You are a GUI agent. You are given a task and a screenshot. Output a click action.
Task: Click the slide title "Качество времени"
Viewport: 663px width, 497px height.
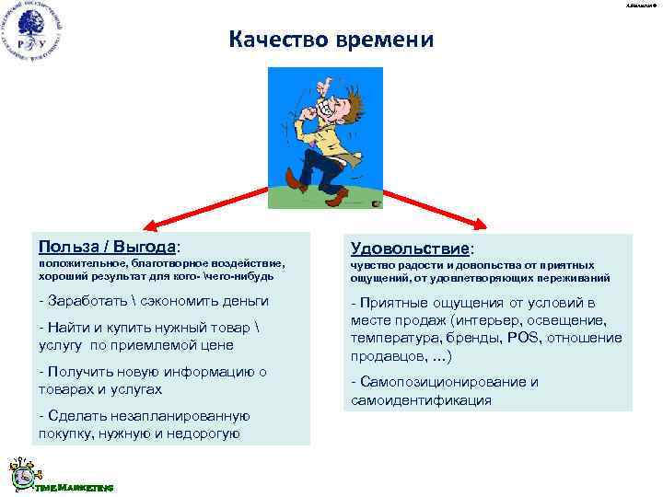[x=331, y=40]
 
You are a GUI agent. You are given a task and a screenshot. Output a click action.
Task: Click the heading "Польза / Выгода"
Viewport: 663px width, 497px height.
[x=107, y=246]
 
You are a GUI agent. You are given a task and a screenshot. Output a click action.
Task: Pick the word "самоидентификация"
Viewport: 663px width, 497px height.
[x=421, y=400]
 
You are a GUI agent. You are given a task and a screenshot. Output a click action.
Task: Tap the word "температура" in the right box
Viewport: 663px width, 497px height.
[x=395, y=338]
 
